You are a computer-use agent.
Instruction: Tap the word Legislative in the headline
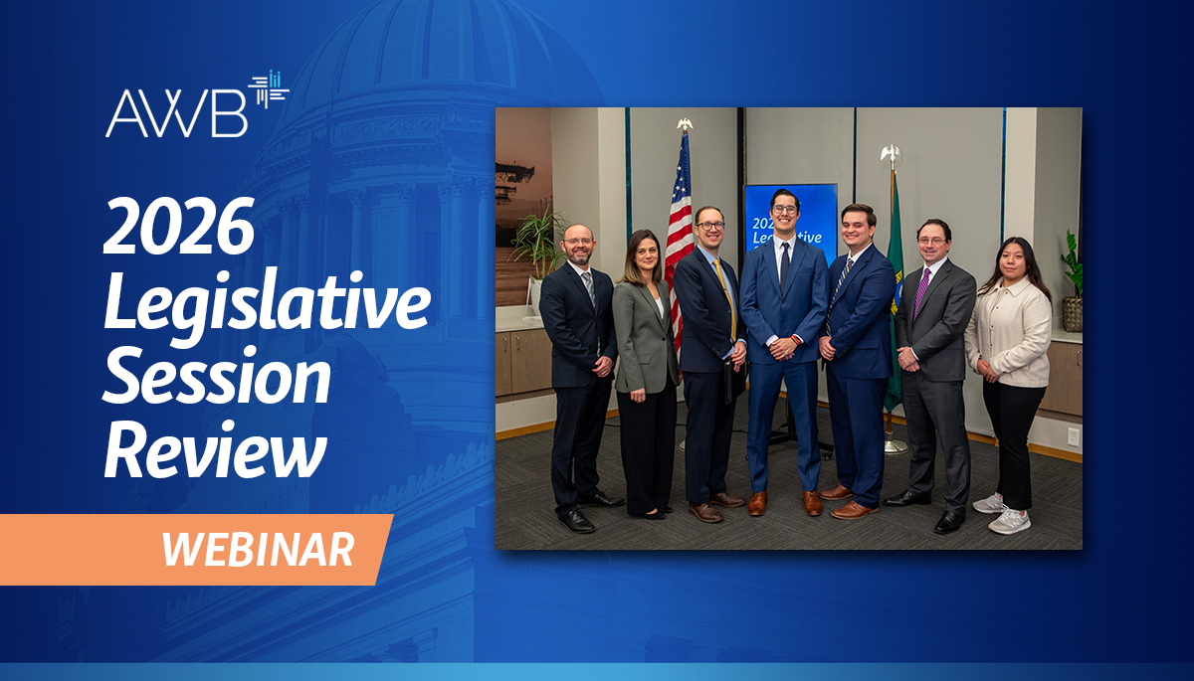[x=267, y=304]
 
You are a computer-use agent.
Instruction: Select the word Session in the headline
[x=217, y=378]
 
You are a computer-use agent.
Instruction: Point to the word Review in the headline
[x=215, y=452]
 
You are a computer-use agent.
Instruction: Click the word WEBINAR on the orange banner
[x=258, y=549]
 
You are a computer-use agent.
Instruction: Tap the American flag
[x=680, y=229]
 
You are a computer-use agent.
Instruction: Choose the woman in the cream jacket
[x=1008, y=368]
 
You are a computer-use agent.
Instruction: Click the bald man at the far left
[x=578, y=368]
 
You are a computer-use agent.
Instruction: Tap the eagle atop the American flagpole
[x=684, y=124]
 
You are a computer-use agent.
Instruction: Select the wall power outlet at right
[x=1073, y=435]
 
